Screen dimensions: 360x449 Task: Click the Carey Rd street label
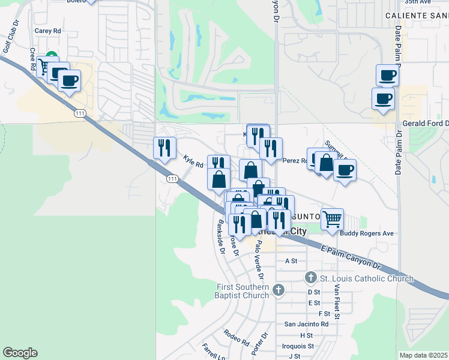[48, 30]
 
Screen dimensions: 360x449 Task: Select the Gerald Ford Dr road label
[424, 123]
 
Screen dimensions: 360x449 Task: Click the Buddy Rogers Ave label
[366, 233]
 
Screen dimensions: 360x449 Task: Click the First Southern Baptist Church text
[243, 291]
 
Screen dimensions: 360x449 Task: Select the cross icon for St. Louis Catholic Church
[310, 278]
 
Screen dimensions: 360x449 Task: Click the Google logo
[20, 353]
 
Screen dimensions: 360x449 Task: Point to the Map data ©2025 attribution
[423, 355]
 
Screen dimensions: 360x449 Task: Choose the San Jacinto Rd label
[306, 324]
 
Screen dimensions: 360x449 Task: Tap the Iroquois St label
[298, 346]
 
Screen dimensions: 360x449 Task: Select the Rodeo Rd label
[236, 338]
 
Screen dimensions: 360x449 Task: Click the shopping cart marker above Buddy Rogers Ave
[332, 218]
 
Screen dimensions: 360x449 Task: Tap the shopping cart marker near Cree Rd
[45, 65]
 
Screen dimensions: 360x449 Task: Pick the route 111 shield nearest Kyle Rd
[172, 179]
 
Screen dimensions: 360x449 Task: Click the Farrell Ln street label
[213, 351]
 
